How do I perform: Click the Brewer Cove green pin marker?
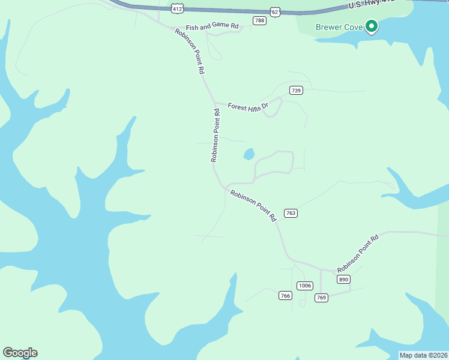point(372,26)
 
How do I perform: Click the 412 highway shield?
point(176,8)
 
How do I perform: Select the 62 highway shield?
point(275,12)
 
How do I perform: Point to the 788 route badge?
point(259,20)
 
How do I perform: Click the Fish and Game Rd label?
point(212,27)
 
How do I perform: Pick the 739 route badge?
point(295,91)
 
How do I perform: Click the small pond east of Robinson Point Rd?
point(249,154)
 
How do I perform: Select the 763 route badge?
point(291,213)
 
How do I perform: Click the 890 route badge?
point(343,280)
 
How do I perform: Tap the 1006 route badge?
point(305,286)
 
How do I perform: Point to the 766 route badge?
point(286,295)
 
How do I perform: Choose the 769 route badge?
point(321,298)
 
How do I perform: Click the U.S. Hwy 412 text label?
point(372,4)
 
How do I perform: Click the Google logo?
point(20,353)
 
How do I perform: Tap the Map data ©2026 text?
point(424,355)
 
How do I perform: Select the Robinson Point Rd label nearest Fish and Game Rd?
point(190,50)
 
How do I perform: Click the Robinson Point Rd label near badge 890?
point(358,253)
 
